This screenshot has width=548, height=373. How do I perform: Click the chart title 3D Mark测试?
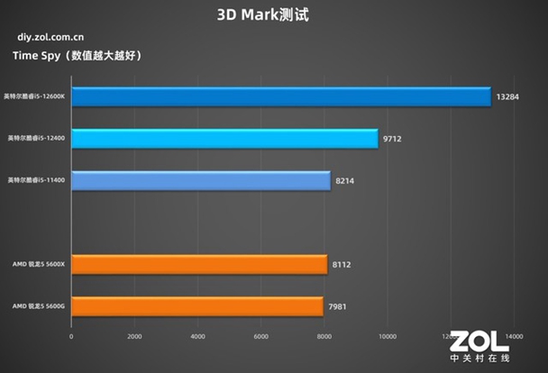coord(273,14)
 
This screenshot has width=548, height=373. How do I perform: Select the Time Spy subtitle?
coord(77,56)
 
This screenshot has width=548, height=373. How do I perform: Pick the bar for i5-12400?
coord(224,139)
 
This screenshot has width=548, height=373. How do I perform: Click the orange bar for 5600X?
coord(199,265)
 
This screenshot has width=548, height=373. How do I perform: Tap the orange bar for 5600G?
coord(197,306)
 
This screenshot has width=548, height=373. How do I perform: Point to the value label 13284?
coord(507,96)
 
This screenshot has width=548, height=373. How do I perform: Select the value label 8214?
coord(346,181)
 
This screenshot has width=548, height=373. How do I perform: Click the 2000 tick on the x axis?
coord(134,337)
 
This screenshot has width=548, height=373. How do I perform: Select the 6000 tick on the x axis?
coord(261,337)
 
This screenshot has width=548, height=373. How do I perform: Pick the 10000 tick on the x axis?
coord(388,337)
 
